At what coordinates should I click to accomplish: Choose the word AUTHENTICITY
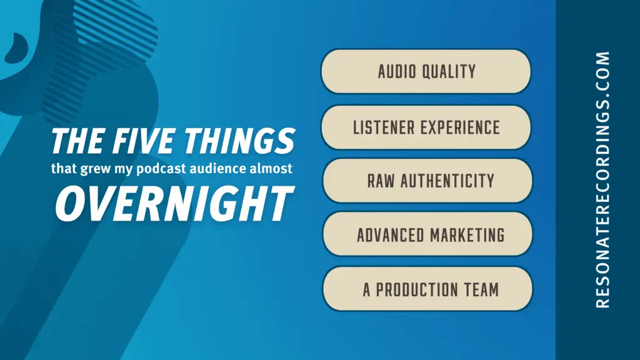tap(447, 181)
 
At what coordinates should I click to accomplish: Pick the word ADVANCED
tap(391, 236)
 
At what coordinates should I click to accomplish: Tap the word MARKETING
tap(467, 236)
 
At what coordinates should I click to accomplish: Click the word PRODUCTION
tap(417, 290)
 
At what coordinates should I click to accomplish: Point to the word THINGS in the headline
tap(239, 141)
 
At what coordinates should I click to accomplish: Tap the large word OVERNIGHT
tap(174, 203)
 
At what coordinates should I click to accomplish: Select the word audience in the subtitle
tap(217, 168)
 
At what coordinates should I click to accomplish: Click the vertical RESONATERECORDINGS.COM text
tap(603, 179)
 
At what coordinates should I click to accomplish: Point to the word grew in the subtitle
tap(96, 169)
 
